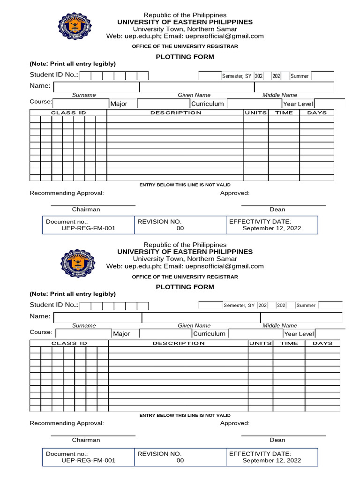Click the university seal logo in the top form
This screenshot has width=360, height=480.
(75, 26)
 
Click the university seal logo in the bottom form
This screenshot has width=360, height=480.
(78, 263)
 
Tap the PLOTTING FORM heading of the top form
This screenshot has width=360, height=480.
(185, 57)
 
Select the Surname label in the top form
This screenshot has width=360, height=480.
(84, 95)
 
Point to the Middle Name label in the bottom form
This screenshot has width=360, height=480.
(280, 325)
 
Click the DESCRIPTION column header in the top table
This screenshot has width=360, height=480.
(176, 112)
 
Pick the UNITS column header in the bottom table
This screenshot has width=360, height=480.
(261, 343)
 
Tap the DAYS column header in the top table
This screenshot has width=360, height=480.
(317, 112)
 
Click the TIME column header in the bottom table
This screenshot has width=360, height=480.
(289, 343)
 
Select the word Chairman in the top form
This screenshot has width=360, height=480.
(86, 210)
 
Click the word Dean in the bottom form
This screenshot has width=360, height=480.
(277, 440)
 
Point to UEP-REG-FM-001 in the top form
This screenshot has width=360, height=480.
(88, 228)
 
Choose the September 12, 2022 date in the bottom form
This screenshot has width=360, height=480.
(272, 460)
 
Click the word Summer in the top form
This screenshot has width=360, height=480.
(300, 76)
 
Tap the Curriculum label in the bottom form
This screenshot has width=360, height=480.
(209, 334)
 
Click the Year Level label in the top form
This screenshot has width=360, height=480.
(298, 104)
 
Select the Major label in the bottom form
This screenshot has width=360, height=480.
(121, 334)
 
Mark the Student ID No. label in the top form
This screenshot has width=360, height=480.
(54, 75)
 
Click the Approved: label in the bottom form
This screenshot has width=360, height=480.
(235, 423)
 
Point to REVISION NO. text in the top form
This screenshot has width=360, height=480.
(159, 222)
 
